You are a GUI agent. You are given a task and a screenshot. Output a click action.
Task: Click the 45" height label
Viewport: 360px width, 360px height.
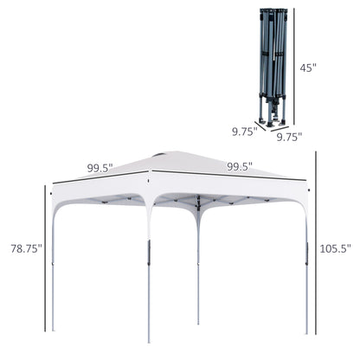(x=308, y=67)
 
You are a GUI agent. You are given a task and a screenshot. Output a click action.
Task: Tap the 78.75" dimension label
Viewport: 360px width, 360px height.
(x=27, y=248)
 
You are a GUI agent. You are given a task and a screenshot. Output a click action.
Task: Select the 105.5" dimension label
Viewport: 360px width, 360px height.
(x=336, y=248)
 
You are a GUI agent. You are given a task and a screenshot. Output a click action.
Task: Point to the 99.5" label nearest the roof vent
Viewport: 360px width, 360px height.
(x=100, y=168)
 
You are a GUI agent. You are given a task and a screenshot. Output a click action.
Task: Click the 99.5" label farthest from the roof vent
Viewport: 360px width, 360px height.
(x=240, y=166)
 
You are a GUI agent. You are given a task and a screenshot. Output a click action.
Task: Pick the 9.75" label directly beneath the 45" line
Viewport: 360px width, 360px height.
(x=289, y=137)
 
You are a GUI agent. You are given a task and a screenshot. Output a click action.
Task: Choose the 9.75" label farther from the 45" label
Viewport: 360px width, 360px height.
(x=245, y=132)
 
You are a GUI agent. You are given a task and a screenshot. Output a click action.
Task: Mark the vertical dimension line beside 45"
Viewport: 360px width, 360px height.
(x=294, y=67)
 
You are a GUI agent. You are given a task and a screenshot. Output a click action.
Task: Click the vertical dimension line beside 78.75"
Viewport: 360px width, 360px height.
(x=45, y=258)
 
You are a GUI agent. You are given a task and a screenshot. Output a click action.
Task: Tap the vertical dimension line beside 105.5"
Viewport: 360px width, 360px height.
(x=316, y=243)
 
